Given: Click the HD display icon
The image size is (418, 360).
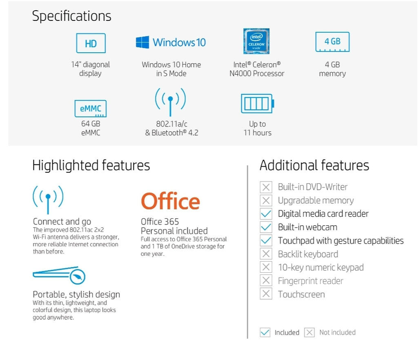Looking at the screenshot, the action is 91,43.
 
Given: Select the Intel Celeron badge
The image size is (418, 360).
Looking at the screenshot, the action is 256,41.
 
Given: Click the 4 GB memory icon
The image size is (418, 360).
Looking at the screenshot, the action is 332,42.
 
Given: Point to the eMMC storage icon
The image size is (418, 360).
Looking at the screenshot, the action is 91,109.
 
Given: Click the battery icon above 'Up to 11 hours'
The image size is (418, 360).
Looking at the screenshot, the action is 258,103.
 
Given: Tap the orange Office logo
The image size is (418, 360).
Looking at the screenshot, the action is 170,201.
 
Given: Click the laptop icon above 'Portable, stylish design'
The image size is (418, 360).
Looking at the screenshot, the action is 59,275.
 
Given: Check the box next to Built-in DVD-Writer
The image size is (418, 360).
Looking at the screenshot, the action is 266,187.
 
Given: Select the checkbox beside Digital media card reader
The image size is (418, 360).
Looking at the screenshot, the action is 266,214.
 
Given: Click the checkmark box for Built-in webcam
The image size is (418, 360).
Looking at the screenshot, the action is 266,227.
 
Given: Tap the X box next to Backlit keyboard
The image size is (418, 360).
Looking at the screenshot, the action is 266,254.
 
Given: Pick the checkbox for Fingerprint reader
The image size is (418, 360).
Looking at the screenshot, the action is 266,280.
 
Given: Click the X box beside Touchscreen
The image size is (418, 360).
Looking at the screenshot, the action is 266,294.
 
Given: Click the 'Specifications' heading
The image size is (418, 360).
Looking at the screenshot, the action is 71,16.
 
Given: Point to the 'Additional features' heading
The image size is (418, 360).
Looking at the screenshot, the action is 314,165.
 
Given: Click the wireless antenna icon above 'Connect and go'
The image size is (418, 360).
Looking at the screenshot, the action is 48,200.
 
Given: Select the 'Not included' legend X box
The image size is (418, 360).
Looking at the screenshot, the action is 309,332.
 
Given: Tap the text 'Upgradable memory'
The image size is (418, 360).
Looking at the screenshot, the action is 316,200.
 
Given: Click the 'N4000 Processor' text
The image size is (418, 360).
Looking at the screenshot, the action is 257,73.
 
